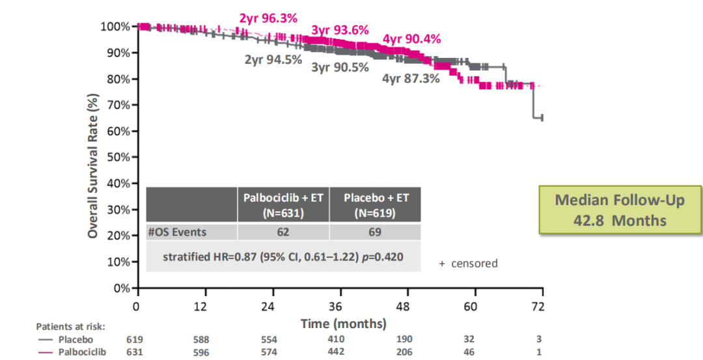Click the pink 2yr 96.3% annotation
click(268, 18)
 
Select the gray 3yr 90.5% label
click(340, 67)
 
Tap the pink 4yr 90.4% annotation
click(411, 39)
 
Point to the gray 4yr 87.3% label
click(410, 79)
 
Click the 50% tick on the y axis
click(119, 157)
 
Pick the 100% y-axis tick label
click(117, 27)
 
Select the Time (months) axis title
click(343, 324)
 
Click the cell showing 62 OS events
click(283, 232)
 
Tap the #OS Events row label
click(177, 232)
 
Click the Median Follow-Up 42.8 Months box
click(620, 210)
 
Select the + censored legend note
click(468, 264)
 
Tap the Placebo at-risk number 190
click(405, 339)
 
